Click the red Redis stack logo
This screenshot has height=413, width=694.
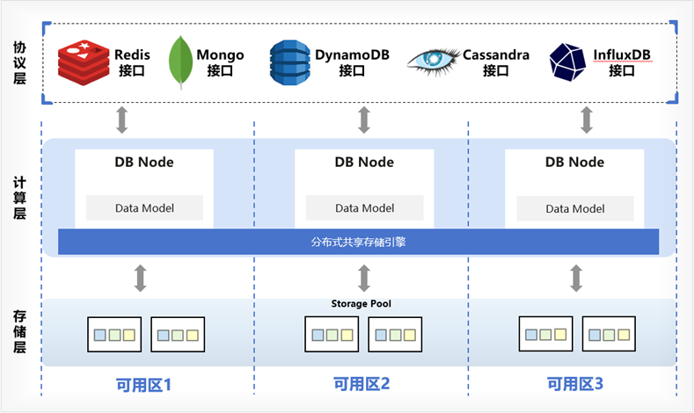(84, 62)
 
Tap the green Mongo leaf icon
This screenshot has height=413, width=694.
(180, 62)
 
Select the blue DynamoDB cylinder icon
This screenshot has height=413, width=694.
(290, 62)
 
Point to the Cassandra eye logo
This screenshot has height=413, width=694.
(434, 61)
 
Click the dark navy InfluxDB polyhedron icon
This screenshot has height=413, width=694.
(567, 62)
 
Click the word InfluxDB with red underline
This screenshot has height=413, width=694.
(622, 54)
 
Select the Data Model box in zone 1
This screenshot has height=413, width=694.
(144, 208)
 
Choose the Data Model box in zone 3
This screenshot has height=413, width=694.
(575, 208)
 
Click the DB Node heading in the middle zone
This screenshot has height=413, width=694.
(364, 162)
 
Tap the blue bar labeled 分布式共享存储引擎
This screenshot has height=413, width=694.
(359, 242)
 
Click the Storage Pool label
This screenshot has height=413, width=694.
(362, 303)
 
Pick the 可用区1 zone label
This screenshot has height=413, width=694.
(143, 385)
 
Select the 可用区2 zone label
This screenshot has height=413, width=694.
(362, 384)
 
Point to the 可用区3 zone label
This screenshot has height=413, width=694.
(575, 384)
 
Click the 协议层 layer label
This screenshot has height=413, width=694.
(19, 62)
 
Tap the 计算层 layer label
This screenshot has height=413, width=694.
(19, 198)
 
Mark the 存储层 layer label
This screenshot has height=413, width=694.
(19, 331)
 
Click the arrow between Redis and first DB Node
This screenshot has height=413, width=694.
(122, 120)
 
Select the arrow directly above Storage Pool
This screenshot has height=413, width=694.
(364, 279)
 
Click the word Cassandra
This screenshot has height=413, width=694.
(496, 54)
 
